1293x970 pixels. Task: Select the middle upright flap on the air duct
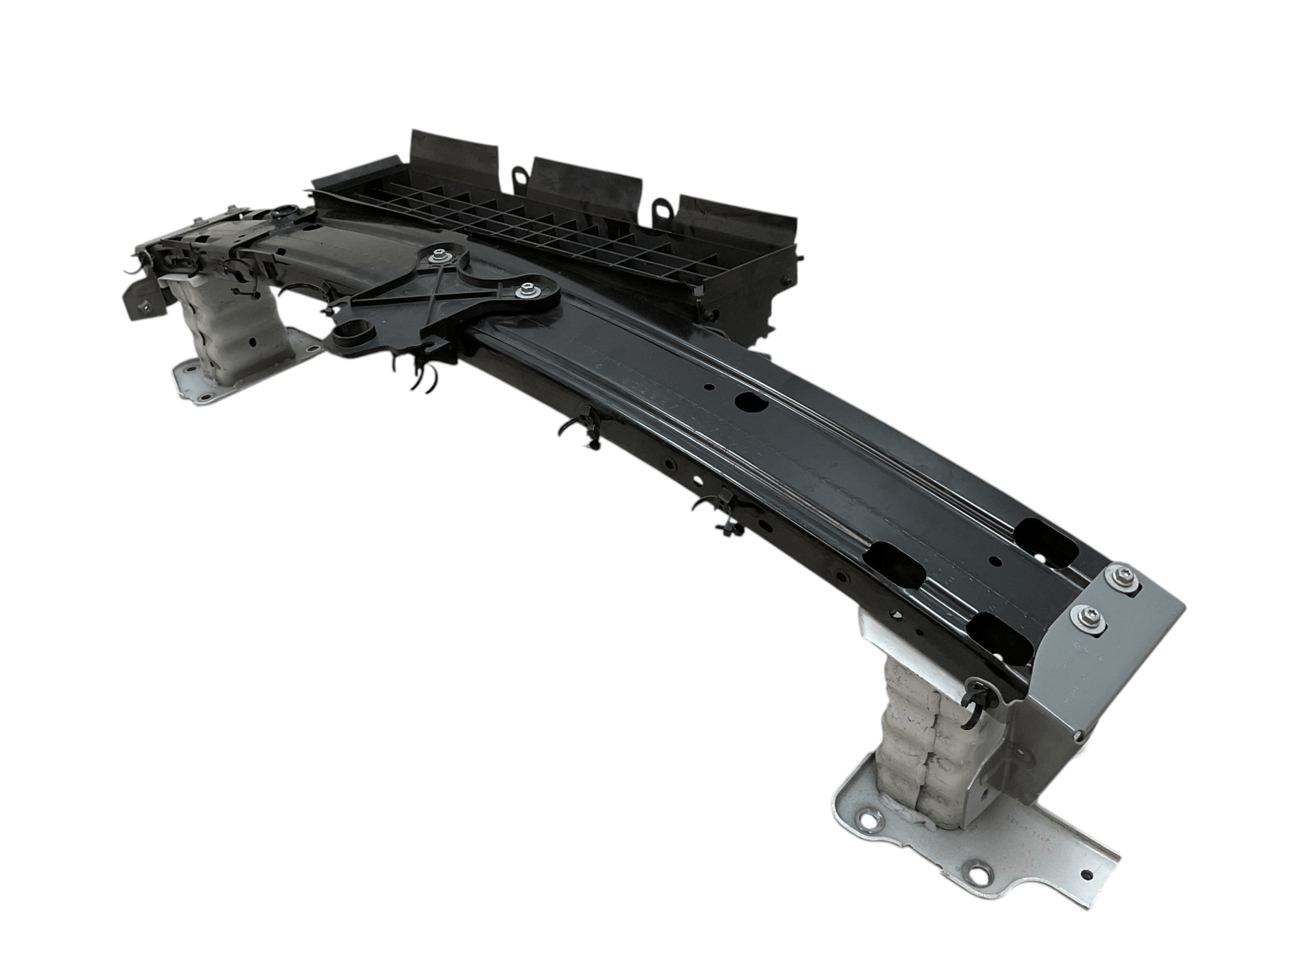click(587, 189)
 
